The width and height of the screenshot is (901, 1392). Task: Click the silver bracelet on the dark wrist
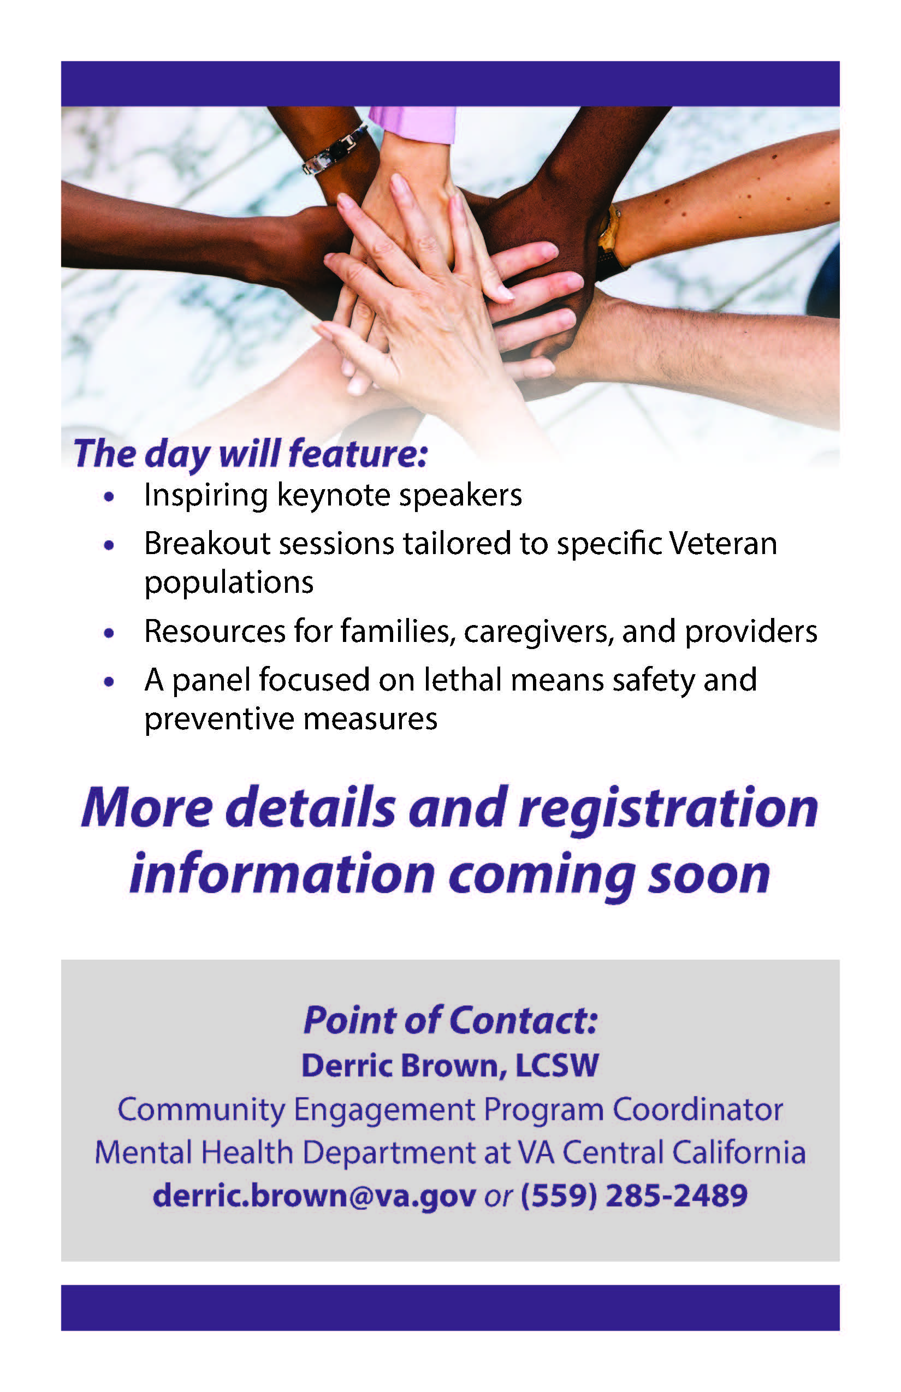point(335,150)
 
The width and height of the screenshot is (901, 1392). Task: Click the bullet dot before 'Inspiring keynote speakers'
point(108,497)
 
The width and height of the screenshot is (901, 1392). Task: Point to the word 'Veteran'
point(723,543)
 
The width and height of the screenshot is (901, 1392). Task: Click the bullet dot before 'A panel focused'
point(108,681)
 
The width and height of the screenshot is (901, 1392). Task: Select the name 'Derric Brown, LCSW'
point(450,1065)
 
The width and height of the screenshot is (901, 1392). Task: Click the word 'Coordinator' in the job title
point(697,1109)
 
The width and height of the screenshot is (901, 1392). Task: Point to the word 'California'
point(738,1152)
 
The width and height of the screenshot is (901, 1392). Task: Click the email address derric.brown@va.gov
point(314,1196)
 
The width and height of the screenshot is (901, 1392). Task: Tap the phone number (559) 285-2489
point(634,1196)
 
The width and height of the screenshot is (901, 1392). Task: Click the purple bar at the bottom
point(450,1308)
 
